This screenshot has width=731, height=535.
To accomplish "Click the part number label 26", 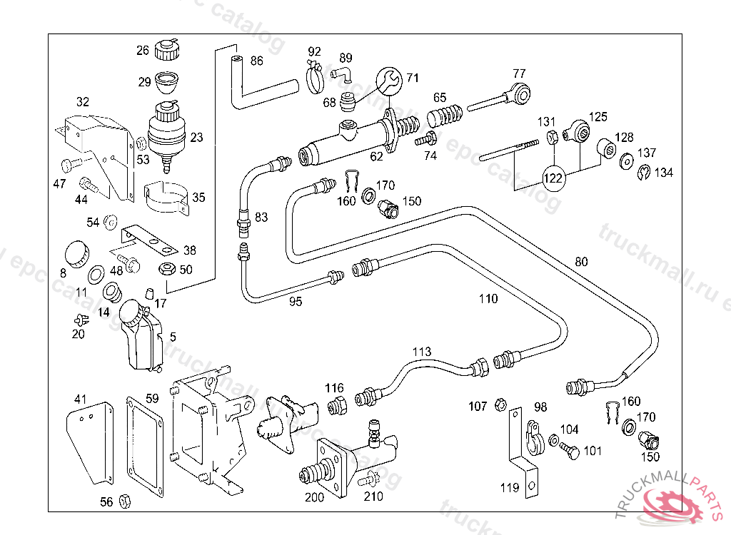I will pos(143,51).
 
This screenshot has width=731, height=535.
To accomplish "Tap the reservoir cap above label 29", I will pos(168,50).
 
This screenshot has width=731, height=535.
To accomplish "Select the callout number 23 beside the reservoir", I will pos(196,138).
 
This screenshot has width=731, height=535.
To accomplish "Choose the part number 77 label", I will pos(519,73).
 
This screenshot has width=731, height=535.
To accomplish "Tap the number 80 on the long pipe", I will pos(582,262).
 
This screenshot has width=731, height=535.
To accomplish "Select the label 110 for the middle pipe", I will pos(488,299).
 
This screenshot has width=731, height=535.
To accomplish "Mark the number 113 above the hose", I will pos(422,351).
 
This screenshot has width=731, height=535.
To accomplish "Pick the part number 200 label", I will pos(315,496).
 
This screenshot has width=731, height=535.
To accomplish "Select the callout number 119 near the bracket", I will pos(510,489).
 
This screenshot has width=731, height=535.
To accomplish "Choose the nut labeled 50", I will pos(166,269).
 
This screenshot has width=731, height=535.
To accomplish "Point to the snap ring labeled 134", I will pos(643,172).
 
